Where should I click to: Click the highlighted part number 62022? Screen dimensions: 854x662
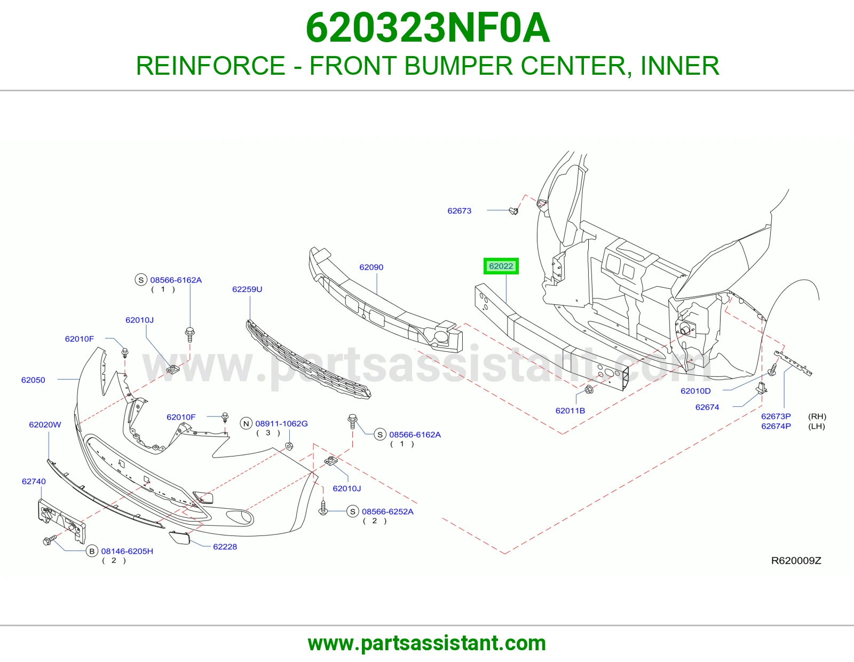coord(501,266)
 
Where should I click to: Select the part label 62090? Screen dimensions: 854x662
coord(371,267)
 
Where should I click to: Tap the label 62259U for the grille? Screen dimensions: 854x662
coord(247,289)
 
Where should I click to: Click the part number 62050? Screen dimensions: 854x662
coord(33,380)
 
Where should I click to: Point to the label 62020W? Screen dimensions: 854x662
coord(45,424)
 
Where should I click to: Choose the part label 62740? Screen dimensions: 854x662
coord(34,482)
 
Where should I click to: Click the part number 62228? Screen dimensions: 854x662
coord(225,547)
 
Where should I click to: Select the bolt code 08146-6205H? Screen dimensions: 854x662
coord(127,551)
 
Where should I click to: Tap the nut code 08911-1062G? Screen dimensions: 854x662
coord(281,424)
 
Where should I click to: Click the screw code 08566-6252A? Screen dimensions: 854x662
coord(388,512)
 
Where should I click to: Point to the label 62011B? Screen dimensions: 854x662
coord(570,411)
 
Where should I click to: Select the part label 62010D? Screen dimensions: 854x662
coord(695,391)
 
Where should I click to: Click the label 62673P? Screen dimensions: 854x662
coord(776,416)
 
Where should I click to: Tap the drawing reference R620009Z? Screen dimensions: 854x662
coord(796,561)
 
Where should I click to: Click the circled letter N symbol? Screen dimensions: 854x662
coord(246,424)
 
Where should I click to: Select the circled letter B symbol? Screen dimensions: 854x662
coord(92,551)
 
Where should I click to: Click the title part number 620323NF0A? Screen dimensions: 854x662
coord(428,28)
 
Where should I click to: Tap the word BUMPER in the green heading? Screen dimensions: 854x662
coord(458,66)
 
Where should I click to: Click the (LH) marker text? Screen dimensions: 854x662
coord(816,427)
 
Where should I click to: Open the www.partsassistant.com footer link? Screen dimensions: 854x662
coord(427,643)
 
